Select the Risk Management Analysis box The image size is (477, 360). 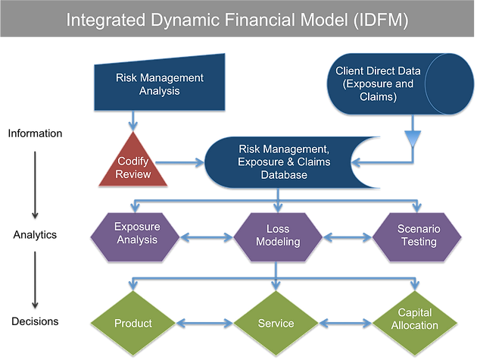click(160, 84)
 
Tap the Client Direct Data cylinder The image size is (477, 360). click(401, 84)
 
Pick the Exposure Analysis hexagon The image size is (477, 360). click(135, 237)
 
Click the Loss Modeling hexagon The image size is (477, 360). click(278, 237)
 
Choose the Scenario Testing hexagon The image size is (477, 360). click(416, 237)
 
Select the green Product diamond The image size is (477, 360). click(133, 323)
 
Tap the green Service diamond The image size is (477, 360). click(276, 323)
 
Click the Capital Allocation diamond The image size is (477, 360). click(415, 323)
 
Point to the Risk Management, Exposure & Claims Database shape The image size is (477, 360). click(283, 162)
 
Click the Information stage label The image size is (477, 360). click(35, 133)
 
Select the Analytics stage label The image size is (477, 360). click(35, 235)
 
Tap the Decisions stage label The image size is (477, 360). click(35, 321)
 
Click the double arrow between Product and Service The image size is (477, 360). click(204, 323)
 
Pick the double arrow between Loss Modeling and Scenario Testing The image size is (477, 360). click(348, 237)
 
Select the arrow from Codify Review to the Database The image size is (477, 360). click(179, 163)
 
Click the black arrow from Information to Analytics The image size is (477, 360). click(35, 185)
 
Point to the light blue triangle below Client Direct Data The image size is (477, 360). click(413, 139)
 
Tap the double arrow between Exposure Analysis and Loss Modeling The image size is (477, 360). click(207, 237)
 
